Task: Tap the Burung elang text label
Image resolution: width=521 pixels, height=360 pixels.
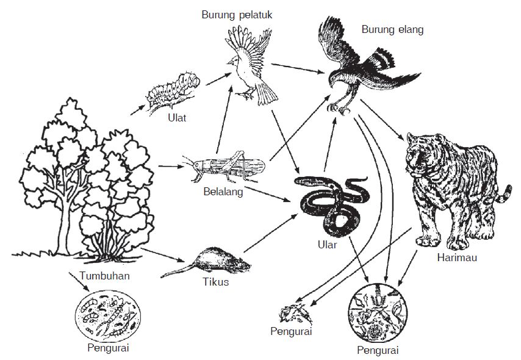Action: pos(392,29)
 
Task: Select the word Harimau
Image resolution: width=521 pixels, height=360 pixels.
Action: pos(457,257)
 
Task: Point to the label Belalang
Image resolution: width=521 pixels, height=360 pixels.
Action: pos(223,192)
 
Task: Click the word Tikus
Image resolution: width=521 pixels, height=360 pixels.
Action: pos(215,282)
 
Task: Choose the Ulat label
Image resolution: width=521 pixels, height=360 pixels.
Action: pos(177,117)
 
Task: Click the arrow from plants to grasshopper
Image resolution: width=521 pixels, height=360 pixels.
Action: pos(170,165)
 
